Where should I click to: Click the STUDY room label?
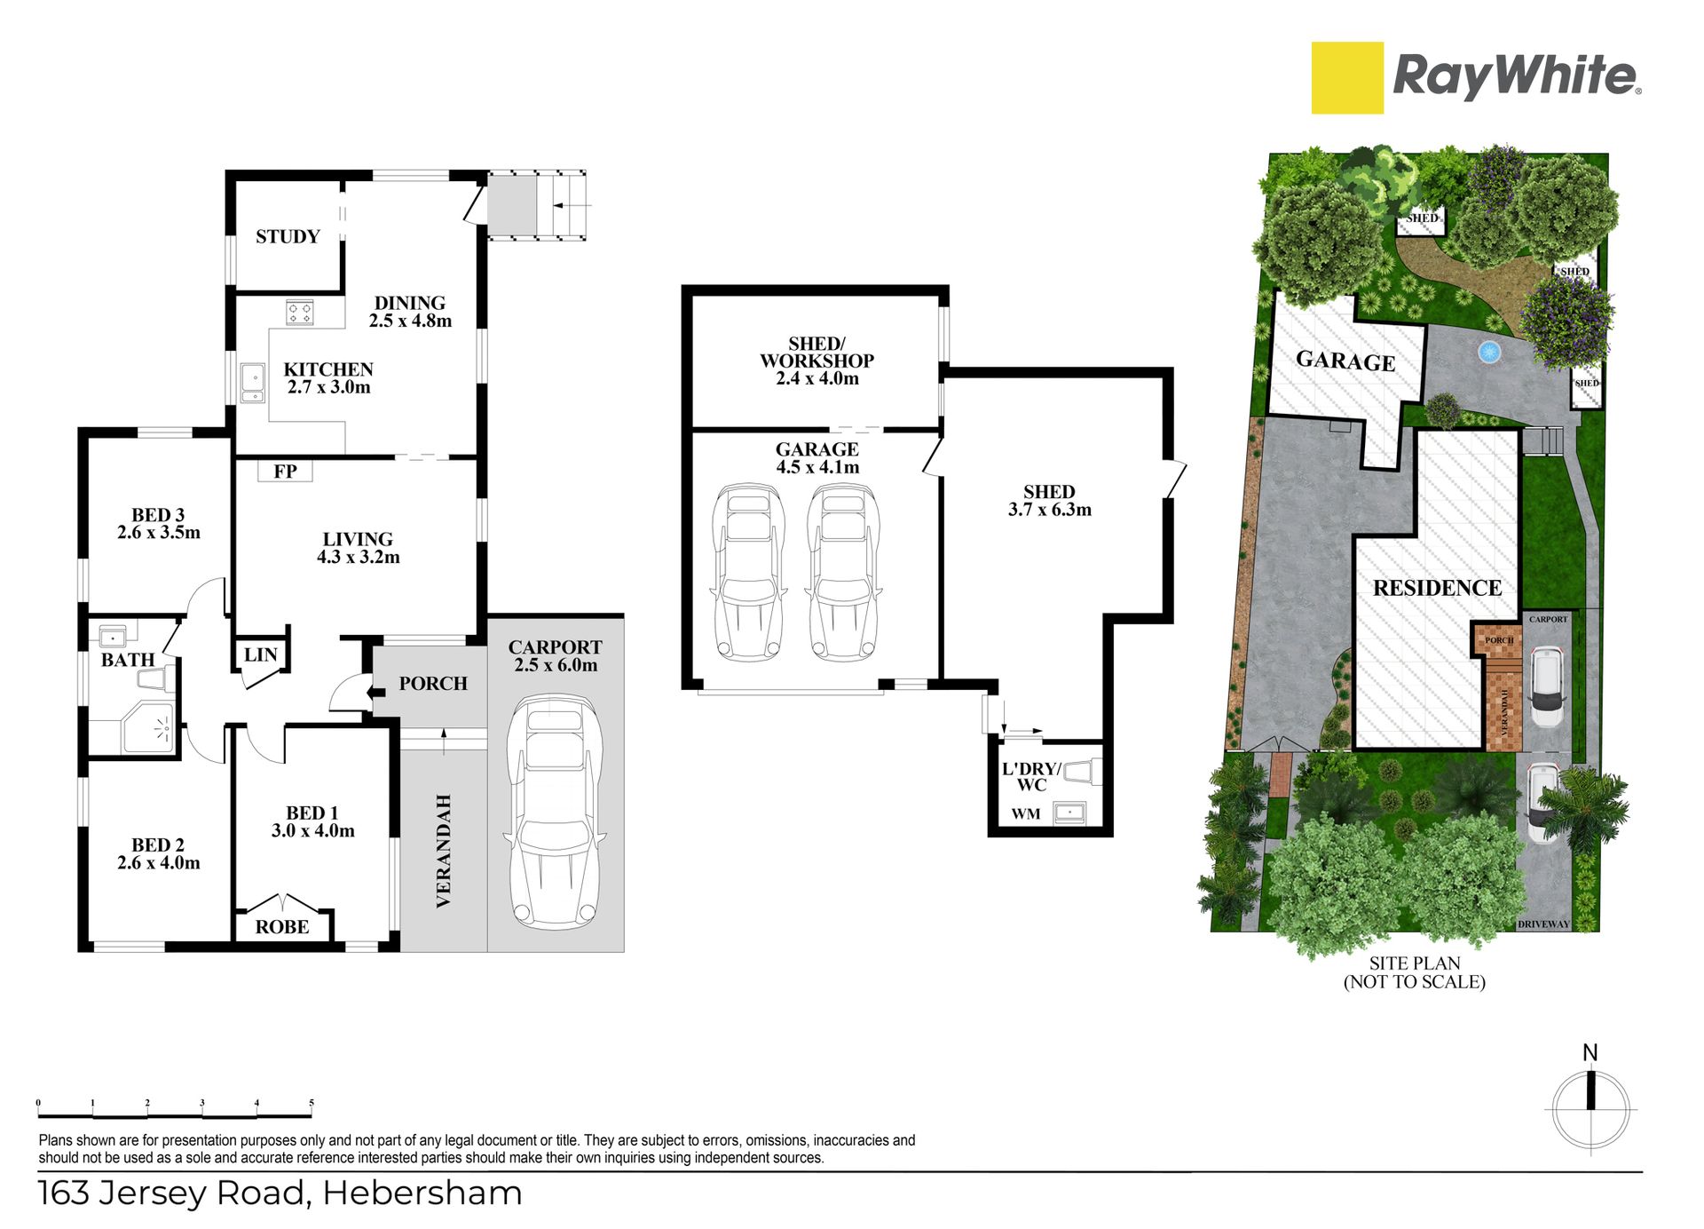point(288,236)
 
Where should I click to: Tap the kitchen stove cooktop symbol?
point(300,313)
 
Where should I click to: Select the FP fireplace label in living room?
point(285,472)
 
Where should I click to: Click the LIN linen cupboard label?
point(261,655)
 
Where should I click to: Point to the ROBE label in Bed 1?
point(282,927)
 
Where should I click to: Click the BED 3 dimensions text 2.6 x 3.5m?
point(159,533)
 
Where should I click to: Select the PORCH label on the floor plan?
point(433,684)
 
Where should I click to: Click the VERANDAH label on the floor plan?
point(444,851)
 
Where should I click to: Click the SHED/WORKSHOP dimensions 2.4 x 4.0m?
point(817,378)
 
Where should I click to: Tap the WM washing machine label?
point(1026,813)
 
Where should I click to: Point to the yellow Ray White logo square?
point(1347,78)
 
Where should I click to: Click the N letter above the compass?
point(1590,1053)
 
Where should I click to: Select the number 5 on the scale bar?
point(312,1103)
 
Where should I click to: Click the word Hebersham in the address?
point(422,1193)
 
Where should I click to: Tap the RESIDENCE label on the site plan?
point(1437,588)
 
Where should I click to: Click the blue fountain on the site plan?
point(1488,352)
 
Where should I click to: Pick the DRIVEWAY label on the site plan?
point(1543,924)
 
